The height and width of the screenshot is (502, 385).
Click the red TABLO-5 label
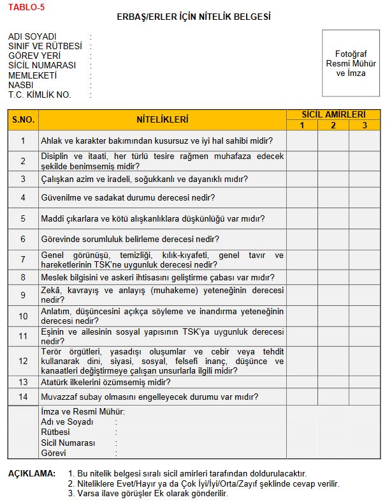(26, 8)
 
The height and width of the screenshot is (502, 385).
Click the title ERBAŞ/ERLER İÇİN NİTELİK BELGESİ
(193, 17)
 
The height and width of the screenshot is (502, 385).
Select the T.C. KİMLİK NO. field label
(40, 95)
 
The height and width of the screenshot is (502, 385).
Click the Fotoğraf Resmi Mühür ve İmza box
(351, 63)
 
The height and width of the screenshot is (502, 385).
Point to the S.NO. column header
(23, 119)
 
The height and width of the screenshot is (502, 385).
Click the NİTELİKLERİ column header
(163, 119)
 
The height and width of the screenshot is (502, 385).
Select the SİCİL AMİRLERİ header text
(333, 115)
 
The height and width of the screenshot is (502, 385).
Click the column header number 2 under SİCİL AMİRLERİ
(333, 125)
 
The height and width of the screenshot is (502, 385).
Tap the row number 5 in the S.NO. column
(23, 218)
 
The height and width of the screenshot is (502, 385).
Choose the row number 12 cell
(23, 361)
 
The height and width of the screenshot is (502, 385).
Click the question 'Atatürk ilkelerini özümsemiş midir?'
(105, 383)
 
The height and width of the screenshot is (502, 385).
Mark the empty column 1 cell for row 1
(301, 141)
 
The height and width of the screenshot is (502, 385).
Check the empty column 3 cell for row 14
(365, 397)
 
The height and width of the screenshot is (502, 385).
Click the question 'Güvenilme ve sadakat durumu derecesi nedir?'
(127, 198)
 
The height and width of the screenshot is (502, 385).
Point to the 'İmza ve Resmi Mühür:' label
(83, 412)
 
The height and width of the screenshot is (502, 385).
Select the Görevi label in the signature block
(54, 453)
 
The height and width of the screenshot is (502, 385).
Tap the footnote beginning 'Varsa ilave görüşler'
(152, 493)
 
